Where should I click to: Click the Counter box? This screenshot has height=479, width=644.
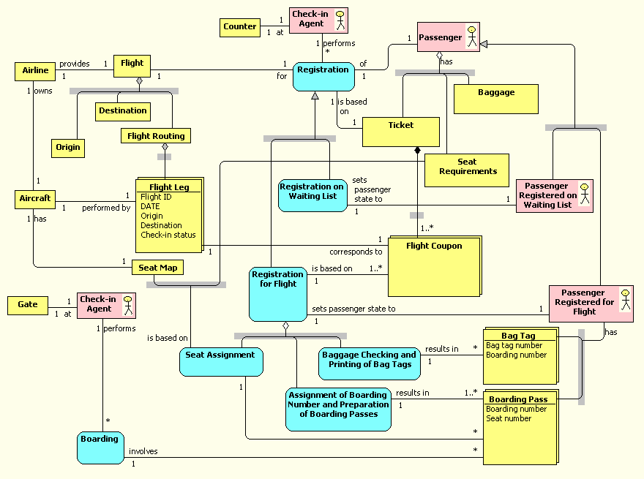click(x=240, y=27)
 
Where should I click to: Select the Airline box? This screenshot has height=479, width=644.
click(x=35, y=71)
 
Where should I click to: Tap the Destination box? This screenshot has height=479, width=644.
click(x=122, y=111)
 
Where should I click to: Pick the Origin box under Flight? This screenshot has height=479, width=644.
click(x=68, y=147)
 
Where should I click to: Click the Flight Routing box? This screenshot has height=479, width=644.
click(x=156, y=136)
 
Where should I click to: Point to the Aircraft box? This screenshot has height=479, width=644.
click(x=35, y=199)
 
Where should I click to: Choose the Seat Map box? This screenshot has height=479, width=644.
click(x=157, y=268)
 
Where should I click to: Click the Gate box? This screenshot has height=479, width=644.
click(x=28, y=304)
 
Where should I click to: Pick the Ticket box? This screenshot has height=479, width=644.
click(x=400, y=132)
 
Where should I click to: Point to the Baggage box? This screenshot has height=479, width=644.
click(x=496, y=99)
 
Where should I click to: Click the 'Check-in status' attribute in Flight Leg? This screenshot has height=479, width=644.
click(x=168, y=235)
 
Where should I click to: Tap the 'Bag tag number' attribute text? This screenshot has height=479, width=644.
click(x=514, y=345)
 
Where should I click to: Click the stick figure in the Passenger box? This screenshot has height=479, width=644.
click(x=471, y=37)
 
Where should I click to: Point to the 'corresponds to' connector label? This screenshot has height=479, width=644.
click(x=356, y=252)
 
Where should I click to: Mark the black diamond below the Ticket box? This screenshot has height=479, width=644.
click(x=418, y=151)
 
